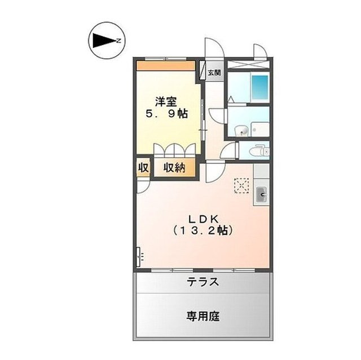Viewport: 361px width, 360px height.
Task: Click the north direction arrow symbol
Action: click(x=104, y=40)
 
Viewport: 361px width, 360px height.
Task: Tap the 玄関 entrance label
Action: click(x=214, y=73)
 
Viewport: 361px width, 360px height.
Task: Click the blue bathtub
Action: click(x=259, y=86)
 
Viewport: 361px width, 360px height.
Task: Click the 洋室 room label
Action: click(x=167, y=102)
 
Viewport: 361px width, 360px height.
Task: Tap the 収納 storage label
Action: click(x=174, y=168)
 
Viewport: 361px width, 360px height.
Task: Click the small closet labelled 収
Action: click(x=143, y=168)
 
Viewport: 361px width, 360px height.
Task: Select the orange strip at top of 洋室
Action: click(x=167, y=65)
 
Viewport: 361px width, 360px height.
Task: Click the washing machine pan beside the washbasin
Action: click(x=260, y=129)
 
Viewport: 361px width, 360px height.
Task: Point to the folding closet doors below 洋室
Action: click(x=175, y=150)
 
